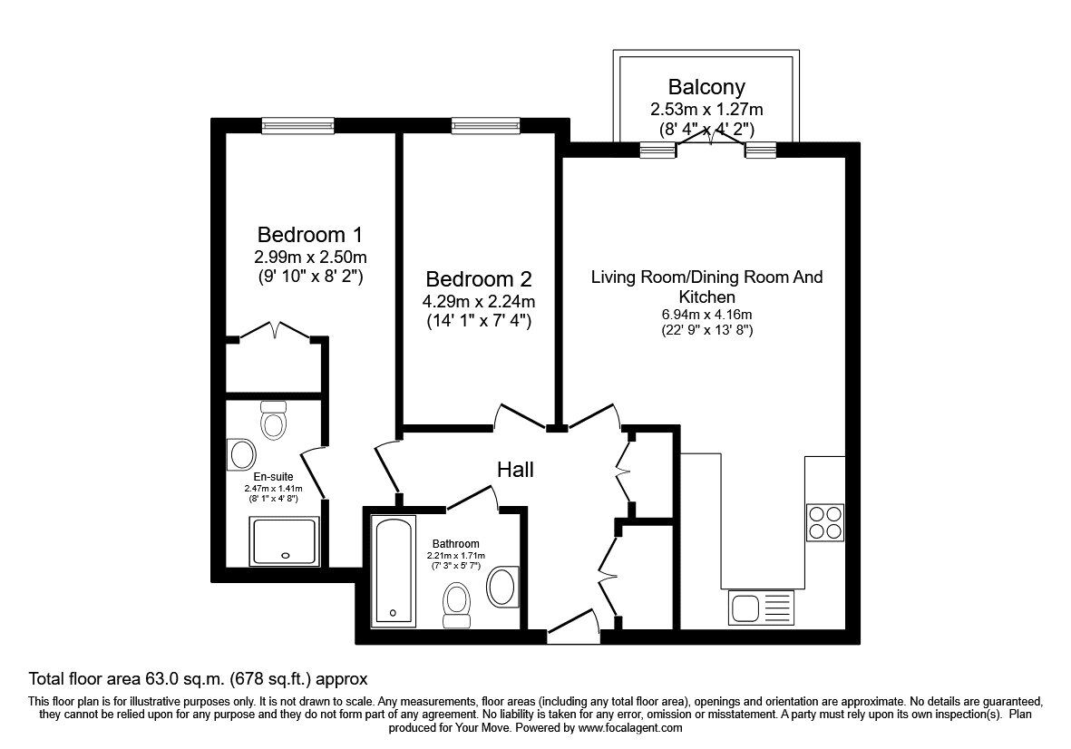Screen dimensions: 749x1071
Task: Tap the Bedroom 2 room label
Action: point(479,278)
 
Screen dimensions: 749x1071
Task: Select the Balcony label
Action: point(706,88)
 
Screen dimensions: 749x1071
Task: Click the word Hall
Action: point(515,470)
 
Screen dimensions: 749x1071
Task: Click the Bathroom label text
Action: point(455,544)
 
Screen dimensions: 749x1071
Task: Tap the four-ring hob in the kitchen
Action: point(825,522)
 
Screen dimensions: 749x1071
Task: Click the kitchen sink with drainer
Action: point(761,607)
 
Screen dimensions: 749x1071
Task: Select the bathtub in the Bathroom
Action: point(394,571)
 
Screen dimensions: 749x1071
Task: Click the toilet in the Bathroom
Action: point(456,604)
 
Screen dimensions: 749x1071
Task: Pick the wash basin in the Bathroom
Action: point(501,586)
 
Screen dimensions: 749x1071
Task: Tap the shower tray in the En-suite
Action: point(284,541)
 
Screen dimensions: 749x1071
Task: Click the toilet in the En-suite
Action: point(273,420)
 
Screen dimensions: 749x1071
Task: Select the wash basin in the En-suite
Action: point(242,453)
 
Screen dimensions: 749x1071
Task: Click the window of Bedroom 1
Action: point(298,126)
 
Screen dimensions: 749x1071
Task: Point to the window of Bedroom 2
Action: point(486,126)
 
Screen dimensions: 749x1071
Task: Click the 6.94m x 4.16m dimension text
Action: point(706,315)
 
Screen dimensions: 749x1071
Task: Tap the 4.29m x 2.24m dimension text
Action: point(479,302)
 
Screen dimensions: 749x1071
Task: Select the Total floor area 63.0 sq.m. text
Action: point(198,678)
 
